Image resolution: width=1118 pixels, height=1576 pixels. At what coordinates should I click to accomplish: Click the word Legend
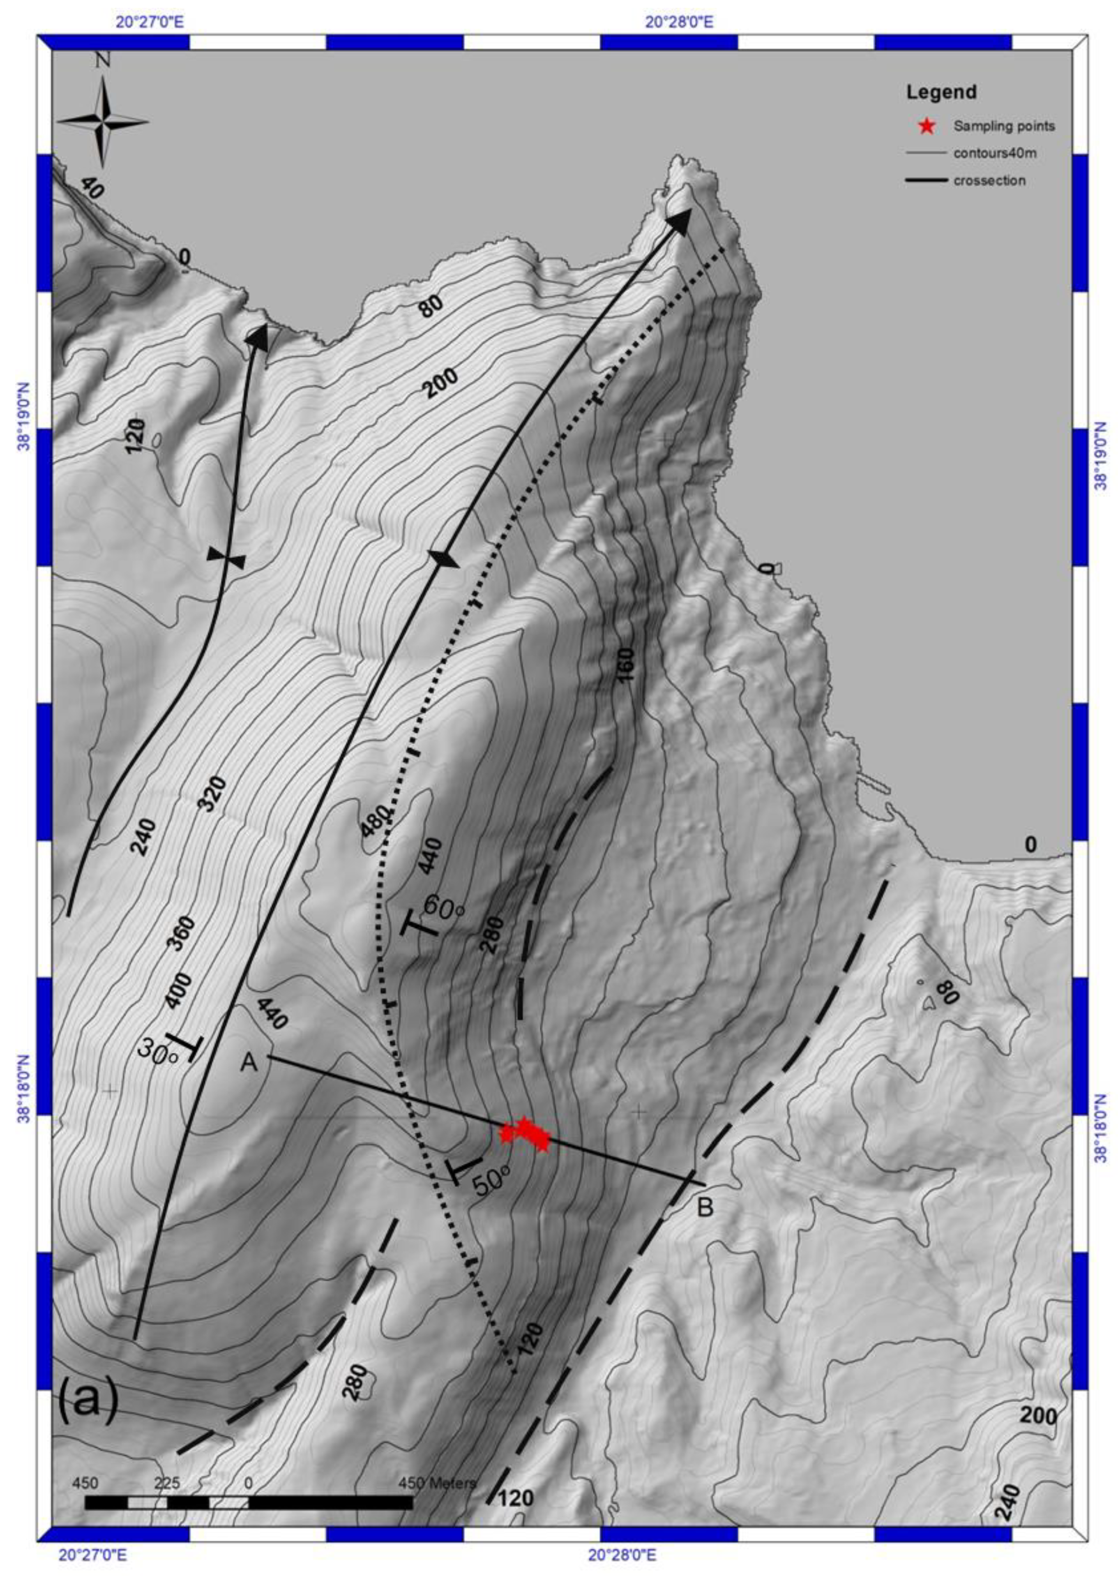[x=941, y=92]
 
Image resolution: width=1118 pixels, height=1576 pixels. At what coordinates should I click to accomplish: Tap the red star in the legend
[x=927, y=126]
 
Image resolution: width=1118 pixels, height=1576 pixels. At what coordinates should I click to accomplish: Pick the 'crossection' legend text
[x=989, y=180]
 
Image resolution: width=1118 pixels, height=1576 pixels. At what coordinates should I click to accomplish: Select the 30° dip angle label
[x=158, y=1051]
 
